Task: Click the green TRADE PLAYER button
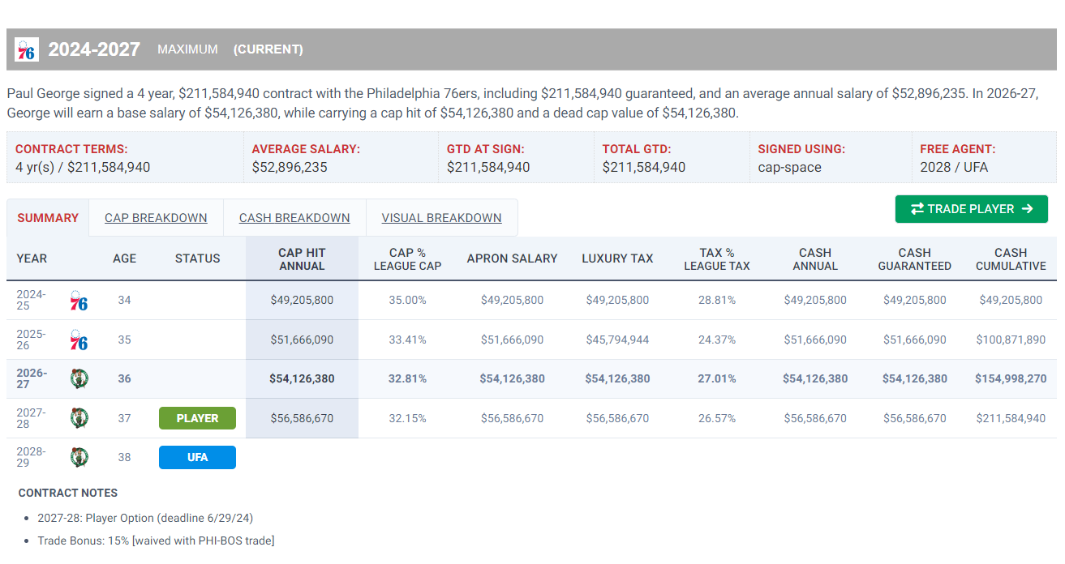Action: pyautogui.click(x=971, y=209)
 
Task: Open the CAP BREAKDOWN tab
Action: pyautogui.click(x=156, y=218)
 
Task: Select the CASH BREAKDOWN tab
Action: pyautogui.click(x=294, y=218)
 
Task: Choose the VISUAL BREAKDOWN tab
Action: pyautogui.click(x=441, y=218)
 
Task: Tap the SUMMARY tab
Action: pyautogui.click(x=48, y=218)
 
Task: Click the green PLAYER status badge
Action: pyautogui.click(x=197, y=418)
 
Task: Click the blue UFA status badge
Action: pyautogui.click(x=197, y=457)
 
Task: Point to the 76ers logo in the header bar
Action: pyautogui.click(x=27, y=49)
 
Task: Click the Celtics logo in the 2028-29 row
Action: pyautogui.click(x=79, y=457)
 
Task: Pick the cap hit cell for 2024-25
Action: pyautogui.click(x=302, y=300)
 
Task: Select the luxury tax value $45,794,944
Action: pyautogui.click(x=617, y=340)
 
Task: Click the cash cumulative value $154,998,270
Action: pyautogui.click(x=1011, y=378)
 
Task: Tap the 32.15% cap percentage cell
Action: pyautogui.click(x=407, y=418)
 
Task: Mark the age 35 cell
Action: pyautogui.click(x=124, y=340)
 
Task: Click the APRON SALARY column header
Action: pyautogui.click(x=512, y=258)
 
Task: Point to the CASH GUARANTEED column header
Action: pyautogui.click(x=915, y=259)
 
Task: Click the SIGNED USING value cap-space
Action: pyautogui.click(x=790, y=167)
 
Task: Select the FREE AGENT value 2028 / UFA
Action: pyautogui.click(x=954, y=167)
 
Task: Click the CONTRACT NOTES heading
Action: pyautogui.click(x=68, y=493)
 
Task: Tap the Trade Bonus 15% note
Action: pyautogui.click(x=156, y=540)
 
